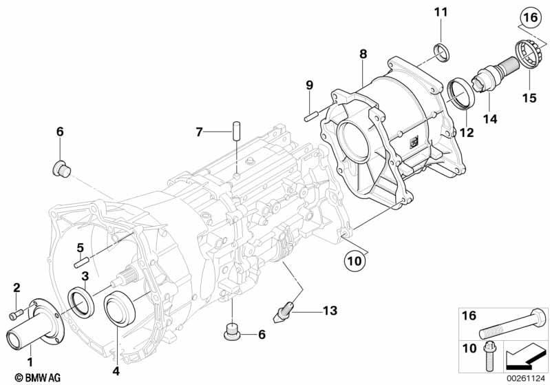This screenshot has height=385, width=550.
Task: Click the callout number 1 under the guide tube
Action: [30, 362]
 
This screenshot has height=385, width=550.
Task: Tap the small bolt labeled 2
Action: [16, 313]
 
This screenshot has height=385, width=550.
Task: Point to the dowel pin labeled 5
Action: [83, 262]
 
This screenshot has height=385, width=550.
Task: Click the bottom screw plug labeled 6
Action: [233, 332]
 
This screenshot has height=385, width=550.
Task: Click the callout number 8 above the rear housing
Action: [363, 54]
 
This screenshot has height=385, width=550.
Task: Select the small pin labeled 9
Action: [311, 116]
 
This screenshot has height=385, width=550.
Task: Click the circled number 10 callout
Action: [355, 261]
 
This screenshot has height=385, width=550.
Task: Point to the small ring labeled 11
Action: [442, 52]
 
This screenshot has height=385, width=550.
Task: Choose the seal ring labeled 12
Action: [462, 94]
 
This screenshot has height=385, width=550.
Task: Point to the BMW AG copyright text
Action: [38, 377]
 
